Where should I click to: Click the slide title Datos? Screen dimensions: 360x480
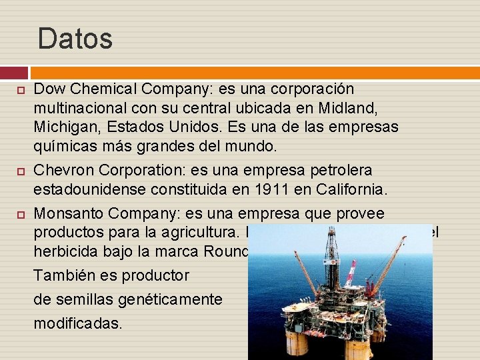75,39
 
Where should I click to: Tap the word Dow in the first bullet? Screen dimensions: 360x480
47,89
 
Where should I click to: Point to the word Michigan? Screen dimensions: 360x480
63,127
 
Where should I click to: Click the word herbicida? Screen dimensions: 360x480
65,253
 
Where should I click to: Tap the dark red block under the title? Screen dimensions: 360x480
14,73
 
